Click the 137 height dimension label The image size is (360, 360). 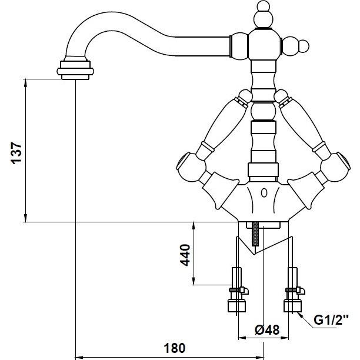tap(16, 153)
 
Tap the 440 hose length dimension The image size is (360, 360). tap(185, 255)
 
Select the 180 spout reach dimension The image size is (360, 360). tap(174, 348)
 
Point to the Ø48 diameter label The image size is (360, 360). tap(267, 330)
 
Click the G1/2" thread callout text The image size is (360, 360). tap(331, 320)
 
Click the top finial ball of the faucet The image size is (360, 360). tap(264, 5)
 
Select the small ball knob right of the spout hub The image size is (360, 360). tap(304, 46)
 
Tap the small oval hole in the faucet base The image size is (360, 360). tap(264, 192)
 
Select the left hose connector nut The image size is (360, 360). tap(236, 305)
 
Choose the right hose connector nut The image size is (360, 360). tap(293, 305)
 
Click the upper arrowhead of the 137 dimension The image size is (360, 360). tap(25, 83)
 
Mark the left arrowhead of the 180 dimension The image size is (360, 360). tap(79, 358)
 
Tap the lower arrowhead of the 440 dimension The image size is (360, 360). tap(194, 281)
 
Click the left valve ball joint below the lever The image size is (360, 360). tap(191, 166)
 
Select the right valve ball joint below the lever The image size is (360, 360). tap(335, 166)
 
